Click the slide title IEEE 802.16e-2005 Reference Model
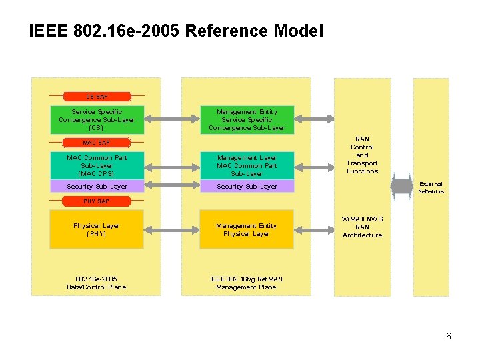pyautogui.click(x=176, y=31)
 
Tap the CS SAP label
pyautogui.click(x=97, y=97)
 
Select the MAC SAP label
pyautogui.click(x=97, y=143)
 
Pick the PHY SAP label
pyautogui.click(x=97, y=201)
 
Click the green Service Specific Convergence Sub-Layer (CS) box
pyautogui.click(x=97, y=119)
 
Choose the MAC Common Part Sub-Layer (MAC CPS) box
pyautogui.click(x=97, y=165)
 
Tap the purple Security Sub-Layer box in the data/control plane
pyautogui.click(x=97, y=187)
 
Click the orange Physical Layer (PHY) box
pyautogui.click(x=97, y=229)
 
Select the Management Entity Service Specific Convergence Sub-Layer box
pyautogui.click(x=246, y=119)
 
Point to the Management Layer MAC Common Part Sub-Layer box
pyautogui.click(x=246, y=165)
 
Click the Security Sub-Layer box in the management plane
pyautogui.click(x=246, y=187)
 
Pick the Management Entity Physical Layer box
pyautogui.click(x=246, y=229)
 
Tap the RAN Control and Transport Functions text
pyautogui.click(x=362, y=155)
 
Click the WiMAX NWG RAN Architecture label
pyautogui.click(x=362, y=227)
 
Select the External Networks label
pyautogui.click(x=431, y=187)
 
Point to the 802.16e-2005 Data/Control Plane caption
pyautogui.click(x=97, y=283)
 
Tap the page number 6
pyautogui.click(x=449, y=336)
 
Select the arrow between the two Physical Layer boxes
pyautogui.click(x=171, y=229)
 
